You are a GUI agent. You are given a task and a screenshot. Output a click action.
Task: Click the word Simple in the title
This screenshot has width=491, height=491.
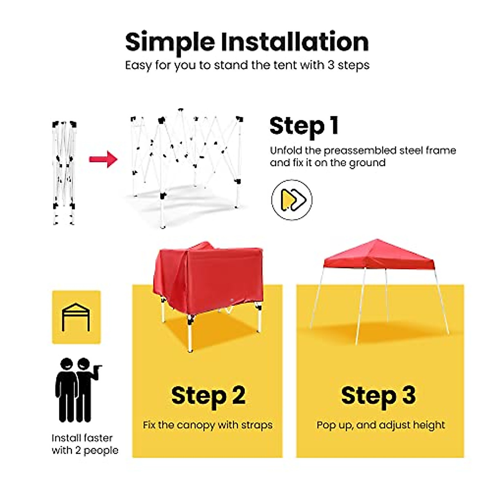[170, 42]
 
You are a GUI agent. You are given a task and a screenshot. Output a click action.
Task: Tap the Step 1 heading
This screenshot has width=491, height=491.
[304, 126]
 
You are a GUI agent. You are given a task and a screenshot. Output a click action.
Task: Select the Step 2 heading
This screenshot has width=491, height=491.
[208, 396]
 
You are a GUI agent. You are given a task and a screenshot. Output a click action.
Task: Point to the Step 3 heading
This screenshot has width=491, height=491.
[378, 396]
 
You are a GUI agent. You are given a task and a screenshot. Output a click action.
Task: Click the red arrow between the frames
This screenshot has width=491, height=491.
[103, 159]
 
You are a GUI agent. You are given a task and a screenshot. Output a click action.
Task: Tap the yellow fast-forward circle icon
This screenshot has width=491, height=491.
[292, 200]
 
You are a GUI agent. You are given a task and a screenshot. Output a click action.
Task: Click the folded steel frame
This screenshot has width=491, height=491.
[64, 172]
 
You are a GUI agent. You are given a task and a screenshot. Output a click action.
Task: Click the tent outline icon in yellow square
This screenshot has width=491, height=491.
[76, 317]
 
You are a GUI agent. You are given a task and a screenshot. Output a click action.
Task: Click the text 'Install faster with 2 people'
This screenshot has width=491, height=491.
[84, 444]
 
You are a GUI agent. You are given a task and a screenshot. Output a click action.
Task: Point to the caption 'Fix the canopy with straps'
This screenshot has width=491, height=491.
[207, 425]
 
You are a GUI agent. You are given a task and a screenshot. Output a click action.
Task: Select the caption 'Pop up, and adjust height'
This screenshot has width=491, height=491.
[381, 425]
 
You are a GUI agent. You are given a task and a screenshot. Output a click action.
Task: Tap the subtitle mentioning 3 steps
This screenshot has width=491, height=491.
[247, 65]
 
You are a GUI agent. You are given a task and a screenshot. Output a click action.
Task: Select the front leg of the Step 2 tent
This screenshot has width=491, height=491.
[190, 331]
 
